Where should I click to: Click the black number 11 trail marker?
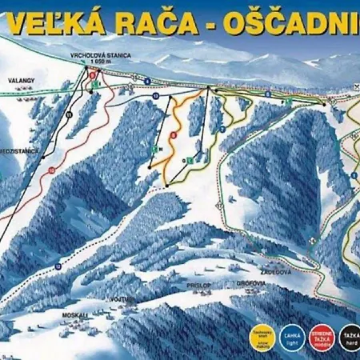click(70, 115)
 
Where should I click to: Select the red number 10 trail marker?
click(51, 170)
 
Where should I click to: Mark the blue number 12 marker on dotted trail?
click(58, 265)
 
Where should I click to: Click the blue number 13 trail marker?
click(154, 94)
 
